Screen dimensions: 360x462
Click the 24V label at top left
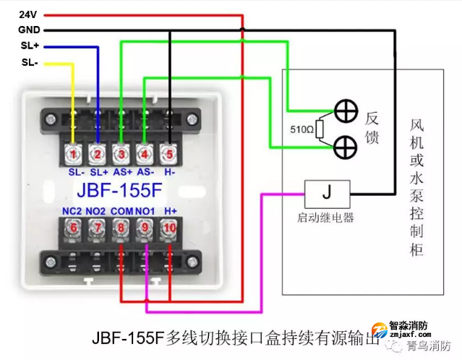(x=27, y=14)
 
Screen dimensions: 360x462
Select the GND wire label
(x=29, y=30)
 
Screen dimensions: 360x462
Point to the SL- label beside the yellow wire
(x=29, y=63)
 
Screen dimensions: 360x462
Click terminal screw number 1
(x=72, y=153)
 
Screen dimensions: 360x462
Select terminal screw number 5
(x=169, y=153)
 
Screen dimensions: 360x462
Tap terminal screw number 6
(x=72, y=228)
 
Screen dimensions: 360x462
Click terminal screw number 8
(x=121, y=228)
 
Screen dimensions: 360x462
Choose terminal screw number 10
(x=169, y=228)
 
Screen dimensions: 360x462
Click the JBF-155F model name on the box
(x=119, y=193)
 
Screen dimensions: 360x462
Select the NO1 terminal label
(x=145, y=210)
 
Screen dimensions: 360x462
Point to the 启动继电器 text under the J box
(x=326, y=217)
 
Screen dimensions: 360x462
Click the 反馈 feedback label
(x=372, y=128)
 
